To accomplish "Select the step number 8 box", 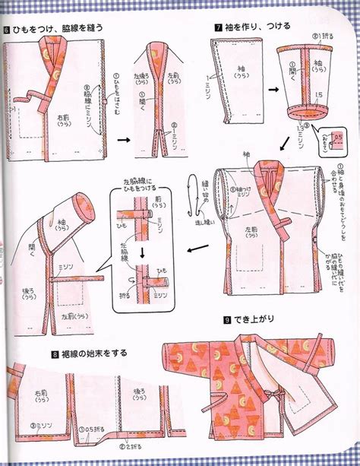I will tap(55, 353).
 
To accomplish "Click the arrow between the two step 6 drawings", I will tap(122, 141).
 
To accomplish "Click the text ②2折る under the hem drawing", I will tap(137, 447).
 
